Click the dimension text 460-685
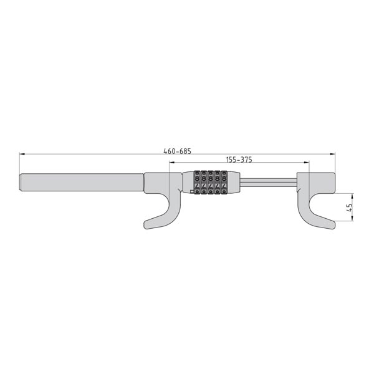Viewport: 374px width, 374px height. point(177,151)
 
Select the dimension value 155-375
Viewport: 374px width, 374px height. point(239,160)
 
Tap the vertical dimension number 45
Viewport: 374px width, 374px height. point(349,208)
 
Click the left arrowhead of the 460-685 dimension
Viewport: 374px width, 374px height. point(22,154)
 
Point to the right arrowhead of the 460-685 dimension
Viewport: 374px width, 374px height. point(332,154)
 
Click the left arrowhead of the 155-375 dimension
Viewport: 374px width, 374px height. point(172,163)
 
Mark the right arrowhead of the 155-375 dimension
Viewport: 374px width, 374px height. point(307,163)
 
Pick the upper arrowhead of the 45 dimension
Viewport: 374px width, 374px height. point(353,196)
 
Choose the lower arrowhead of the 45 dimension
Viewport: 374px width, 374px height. point(353,219)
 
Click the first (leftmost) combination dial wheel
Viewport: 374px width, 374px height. point(197,183)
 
